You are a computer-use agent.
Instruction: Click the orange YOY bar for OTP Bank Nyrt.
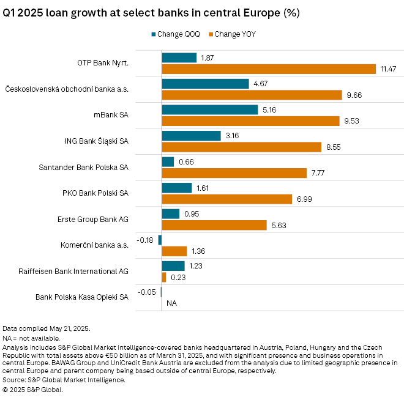[x=269, y=69]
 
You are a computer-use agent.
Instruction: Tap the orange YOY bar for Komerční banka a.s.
[x=174, y=251]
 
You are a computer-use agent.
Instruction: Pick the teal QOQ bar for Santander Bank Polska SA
[x=168, y=161]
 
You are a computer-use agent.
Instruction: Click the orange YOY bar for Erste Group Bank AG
[x=214, y=225]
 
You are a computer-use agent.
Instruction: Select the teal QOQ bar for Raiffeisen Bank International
[x=173, y=266]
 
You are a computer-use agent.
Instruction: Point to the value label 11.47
[x=389, y=69]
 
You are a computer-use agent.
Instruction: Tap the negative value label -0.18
[x=148, y=240]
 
